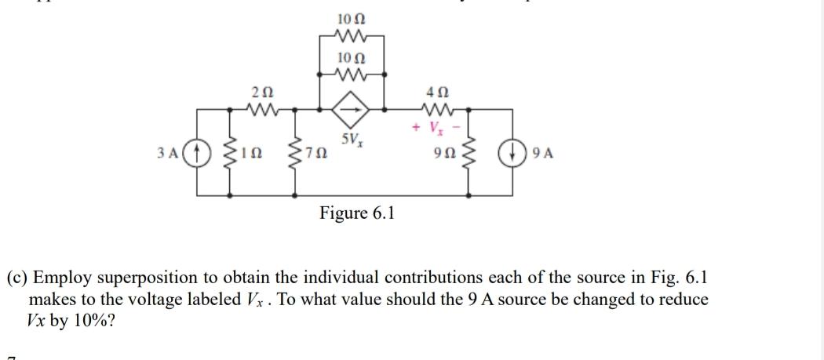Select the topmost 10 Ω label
tap(351, 17)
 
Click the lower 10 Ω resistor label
tap(351, 57)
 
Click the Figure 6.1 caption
tap(357, 213)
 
